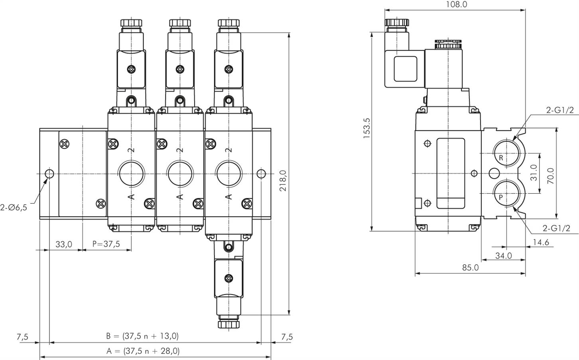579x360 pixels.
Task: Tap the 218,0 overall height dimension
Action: tap(283, 181)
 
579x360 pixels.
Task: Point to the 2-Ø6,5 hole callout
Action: tap(14, 207)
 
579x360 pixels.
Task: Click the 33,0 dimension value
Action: tap(63, 244)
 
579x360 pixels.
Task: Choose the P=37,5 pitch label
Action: tap(106, 244)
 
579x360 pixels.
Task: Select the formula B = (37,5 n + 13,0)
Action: tap(142, 336)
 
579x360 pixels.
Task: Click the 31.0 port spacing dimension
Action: tap(534, 173)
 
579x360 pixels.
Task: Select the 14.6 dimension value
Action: tap(541, 242)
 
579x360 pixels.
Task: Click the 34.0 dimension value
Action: tap(503, 256)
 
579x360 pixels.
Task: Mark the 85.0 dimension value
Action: tap(470, 268)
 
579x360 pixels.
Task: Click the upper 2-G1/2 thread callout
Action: tap(560, 110)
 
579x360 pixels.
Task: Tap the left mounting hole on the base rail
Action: tap(49, 174)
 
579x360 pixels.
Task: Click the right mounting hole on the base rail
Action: tap(261, 174)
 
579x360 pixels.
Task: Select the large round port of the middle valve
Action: tap(180, 173)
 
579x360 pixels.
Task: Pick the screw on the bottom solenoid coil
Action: tap(228, 278)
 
